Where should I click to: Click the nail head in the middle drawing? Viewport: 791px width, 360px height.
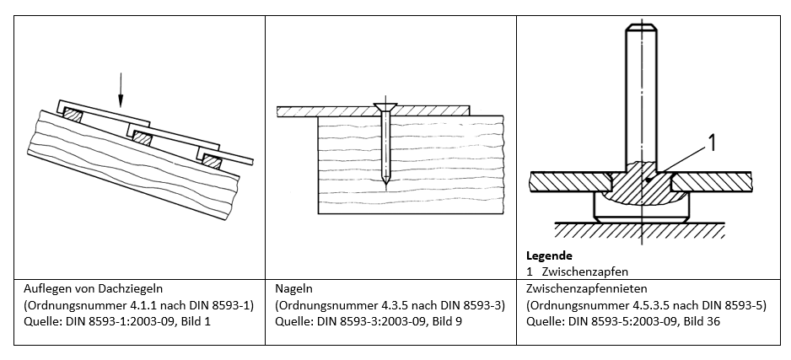[385, 106]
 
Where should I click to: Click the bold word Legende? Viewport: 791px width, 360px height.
[548, 255]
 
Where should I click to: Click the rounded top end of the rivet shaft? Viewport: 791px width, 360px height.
[641, 32]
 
